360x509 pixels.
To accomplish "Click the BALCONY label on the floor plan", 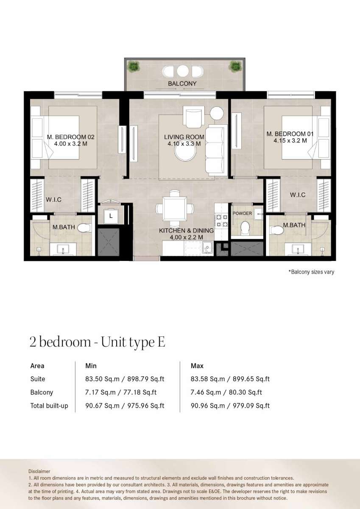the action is coord(182,84).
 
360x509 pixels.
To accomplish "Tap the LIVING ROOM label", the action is coord(184,137).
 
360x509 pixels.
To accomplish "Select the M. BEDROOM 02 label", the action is coord(71,137).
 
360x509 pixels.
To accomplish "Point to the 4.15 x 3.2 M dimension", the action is coord(290,141).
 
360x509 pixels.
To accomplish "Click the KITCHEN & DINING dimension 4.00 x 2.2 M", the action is coord(186,237).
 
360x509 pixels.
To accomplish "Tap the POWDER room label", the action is coord(243,213).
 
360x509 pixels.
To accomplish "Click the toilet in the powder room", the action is coord(245,228).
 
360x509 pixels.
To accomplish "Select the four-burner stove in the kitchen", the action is coord(222,221).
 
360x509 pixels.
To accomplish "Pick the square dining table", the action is coord(175,209).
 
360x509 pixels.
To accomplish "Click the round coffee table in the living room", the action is coord(185,152).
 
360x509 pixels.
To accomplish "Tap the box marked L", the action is coord(111,216).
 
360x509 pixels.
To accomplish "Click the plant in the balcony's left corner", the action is coord(134,66).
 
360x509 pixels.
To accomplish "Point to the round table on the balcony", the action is coord(183,71).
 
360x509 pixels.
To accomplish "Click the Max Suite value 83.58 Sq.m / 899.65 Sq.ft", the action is coord(230,379).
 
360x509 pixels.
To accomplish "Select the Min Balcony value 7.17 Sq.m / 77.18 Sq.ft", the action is coord(121,392).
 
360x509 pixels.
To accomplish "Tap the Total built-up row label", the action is coord(49,406).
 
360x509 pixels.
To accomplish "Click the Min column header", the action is coord(91,366).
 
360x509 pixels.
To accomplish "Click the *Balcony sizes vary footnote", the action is coord(311,272).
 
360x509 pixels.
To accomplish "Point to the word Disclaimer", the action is coord(39,471).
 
